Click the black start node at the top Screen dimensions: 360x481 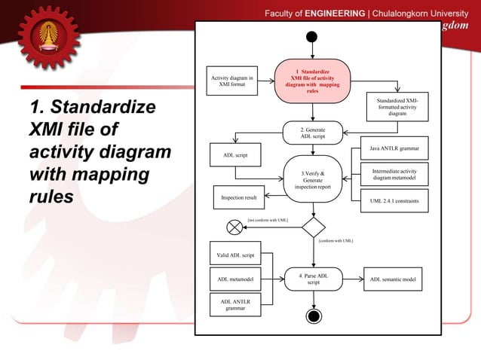click(x=312, y=37)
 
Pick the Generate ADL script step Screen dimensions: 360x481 click(x=313, y=133)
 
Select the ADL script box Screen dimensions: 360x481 click(x=235, y=156)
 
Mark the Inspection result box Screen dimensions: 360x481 click(x=239, y=197)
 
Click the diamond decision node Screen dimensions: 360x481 click(x=313, y=226)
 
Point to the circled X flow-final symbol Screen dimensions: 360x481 click(x=234, y=226)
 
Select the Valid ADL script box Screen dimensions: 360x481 click(x=235, y=255)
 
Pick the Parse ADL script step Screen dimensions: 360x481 click(x=313, y=279)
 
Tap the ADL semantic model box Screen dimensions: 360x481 click(x=394, y=279)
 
